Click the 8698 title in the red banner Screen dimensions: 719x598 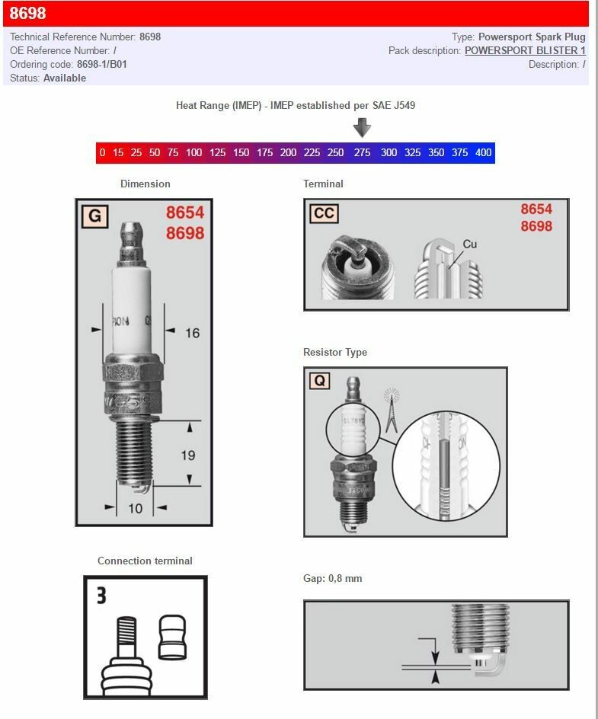click(27, 14)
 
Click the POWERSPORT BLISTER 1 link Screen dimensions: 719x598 click(525, 50)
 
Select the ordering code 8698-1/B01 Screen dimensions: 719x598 click(102, 64)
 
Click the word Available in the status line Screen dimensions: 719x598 click(65, 78)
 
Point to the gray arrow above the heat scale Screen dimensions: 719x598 click(362, 127)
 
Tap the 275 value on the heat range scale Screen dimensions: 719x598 click(362, 152)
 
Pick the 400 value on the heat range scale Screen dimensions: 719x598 click(483, 152)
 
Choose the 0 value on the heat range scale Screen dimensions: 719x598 click(102, 152)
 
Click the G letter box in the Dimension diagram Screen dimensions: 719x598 click(94, 216)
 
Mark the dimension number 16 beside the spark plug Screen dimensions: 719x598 click(192, 333)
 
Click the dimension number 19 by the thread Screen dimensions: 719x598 click(187, 455)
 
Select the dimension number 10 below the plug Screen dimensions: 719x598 click(135, 508)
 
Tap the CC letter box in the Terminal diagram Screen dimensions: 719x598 click(324, 213)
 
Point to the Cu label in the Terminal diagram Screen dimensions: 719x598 click(470, 244)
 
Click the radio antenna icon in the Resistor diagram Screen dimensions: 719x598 click(392, 407)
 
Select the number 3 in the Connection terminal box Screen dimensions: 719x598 click(101, 595)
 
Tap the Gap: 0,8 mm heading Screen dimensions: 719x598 click(332, 578)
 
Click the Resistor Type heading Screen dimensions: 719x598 click(334, 352)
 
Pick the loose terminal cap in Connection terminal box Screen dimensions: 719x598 click(172, 637)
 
